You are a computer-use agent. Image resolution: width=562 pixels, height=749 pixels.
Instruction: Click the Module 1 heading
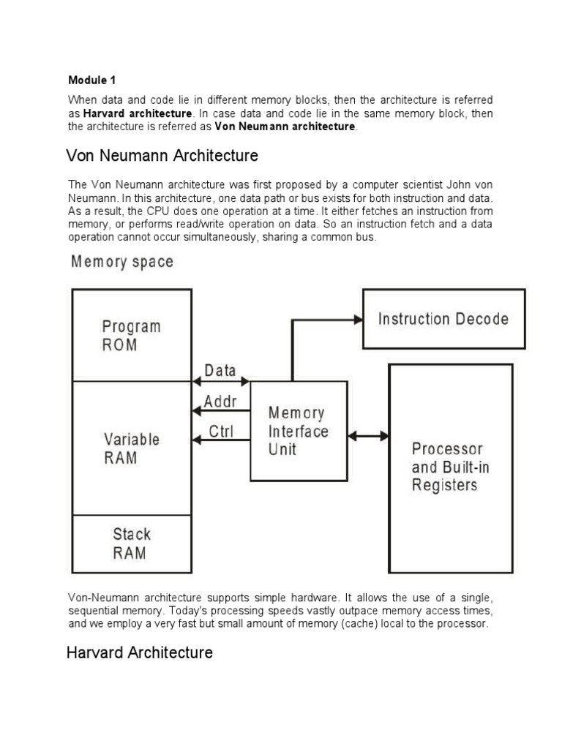pyautogui.click(x=92, y=80)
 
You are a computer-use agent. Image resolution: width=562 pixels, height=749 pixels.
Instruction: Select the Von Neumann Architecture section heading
pyautogui.click(x=162, y=156)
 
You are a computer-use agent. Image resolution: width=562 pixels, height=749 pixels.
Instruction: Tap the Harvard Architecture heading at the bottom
pyautogui.click(x=139, y=652)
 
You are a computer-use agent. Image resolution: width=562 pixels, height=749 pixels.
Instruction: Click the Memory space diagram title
pyautogui.click(x=122, y=261)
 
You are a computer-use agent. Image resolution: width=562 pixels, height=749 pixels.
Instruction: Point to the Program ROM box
pyautogui.click(x=131, y=335)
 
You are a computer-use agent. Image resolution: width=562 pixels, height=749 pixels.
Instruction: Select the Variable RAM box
pyautogui.click(x=131, y=448)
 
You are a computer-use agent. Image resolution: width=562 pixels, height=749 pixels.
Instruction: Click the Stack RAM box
pyautogui.click(x=131, y=543)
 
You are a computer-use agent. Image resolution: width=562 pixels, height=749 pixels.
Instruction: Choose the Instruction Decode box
pyautogui.click(x=443, y=319)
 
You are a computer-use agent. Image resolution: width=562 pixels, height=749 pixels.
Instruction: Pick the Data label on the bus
pyautogui.click(x=220, y=371)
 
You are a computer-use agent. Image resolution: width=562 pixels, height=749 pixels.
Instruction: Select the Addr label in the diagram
pyautogui.click(x=220, y=401)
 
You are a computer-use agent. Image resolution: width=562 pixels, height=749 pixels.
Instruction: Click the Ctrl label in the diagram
pyautogui.click(x=220, y=431)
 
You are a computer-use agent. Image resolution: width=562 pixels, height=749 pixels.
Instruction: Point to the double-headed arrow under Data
pyautogui.click(x=221, y=381)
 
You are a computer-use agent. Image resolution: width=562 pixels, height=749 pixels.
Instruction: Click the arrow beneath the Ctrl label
pyautogui.click(x=220, y=440)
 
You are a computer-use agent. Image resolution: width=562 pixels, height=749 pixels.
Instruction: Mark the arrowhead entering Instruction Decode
pyautogui.click(x=358, y=319)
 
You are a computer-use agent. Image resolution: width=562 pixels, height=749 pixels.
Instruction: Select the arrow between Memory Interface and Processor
pyautogui.click(x=368, y=436)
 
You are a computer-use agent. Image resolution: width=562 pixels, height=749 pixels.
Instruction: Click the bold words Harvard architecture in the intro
pyautogui.click(x=138, y=113)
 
